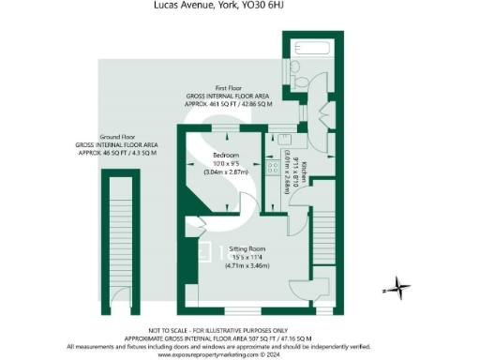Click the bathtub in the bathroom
click(310, 48)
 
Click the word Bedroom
click(225, 155)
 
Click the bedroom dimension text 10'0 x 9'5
click(225, 163)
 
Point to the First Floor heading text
click(229, 86)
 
